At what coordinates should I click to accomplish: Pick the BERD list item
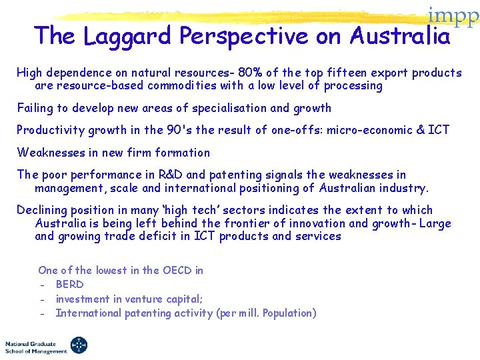click(x=69, y=285)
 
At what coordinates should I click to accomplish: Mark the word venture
click(x=139, y=299)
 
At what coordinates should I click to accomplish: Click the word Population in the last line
click(x=286, y=313)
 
